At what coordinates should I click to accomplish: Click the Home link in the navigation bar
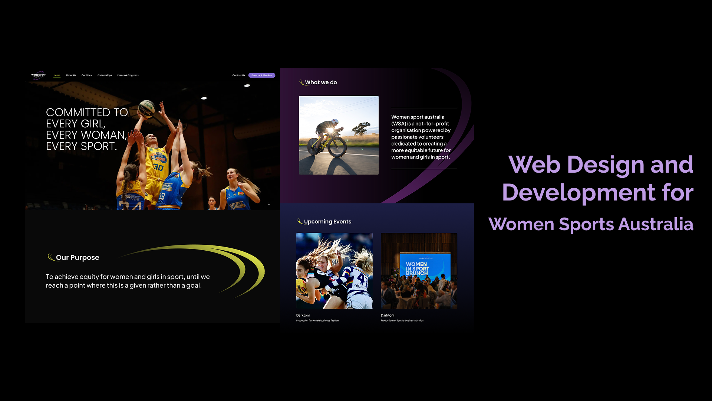click(57, 75)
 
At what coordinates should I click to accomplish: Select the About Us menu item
click(71, 75)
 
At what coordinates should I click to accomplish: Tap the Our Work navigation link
click(87, 75)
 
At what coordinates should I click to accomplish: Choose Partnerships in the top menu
click(105, 75)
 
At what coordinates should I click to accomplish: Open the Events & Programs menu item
click(128, 75)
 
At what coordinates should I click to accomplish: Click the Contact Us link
click(238, 75)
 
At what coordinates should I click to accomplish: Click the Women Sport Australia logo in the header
click(39, 75)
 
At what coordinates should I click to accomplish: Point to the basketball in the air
click(146, 108)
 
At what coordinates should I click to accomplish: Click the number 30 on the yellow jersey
click(158, 167)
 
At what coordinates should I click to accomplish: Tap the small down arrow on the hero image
click(269, 203)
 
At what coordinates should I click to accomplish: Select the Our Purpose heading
click(78, 257)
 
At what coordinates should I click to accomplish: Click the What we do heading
click(321, 82)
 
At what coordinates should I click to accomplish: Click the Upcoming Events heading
click(327, 222)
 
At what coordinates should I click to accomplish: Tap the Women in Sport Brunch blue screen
click(425, 266)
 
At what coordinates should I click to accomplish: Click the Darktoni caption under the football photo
click(303, 315)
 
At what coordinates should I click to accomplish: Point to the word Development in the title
click(578, 192)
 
